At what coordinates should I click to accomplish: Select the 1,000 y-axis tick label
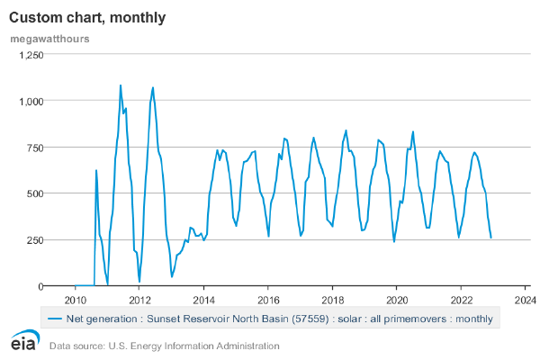coord(54,101)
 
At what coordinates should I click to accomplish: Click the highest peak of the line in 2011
coord(121,85)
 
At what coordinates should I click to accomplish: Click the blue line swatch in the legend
coord(57,318)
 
